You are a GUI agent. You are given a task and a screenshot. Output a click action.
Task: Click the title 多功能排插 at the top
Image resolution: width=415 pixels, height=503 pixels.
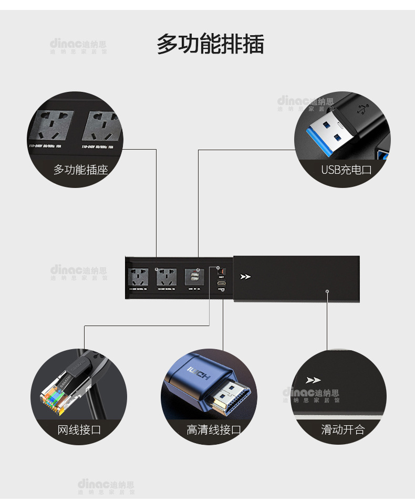click(210, 44)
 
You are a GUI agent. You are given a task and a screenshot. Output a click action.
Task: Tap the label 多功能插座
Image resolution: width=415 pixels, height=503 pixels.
click(80, 170)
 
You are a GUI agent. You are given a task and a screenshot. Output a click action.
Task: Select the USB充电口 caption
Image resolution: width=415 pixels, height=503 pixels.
click(346, 170)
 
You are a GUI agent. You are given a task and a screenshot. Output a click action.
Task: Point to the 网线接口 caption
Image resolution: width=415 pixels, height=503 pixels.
click(79, 430)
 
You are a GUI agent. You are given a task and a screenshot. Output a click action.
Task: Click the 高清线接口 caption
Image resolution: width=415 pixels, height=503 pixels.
click(213, 430)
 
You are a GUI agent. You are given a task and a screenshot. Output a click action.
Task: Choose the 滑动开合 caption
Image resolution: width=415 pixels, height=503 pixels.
click(343, 430)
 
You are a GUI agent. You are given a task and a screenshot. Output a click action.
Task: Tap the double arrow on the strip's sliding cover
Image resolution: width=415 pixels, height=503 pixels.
click(245, 277)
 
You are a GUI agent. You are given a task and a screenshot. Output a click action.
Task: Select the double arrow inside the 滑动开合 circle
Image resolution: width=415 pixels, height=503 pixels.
click(313, 380)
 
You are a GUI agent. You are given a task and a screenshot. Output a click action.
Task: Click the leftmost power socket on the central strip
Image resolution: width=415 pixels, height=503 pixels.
click(138, 276)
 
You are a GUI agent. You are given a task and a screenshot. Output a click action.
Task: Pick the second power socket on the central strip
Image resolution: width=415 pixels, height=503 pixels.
click(166, 276)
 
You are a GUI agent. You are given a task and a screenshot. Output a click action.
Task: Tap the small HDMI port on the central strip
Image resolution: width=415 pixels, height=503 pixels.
click(222, 283)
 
